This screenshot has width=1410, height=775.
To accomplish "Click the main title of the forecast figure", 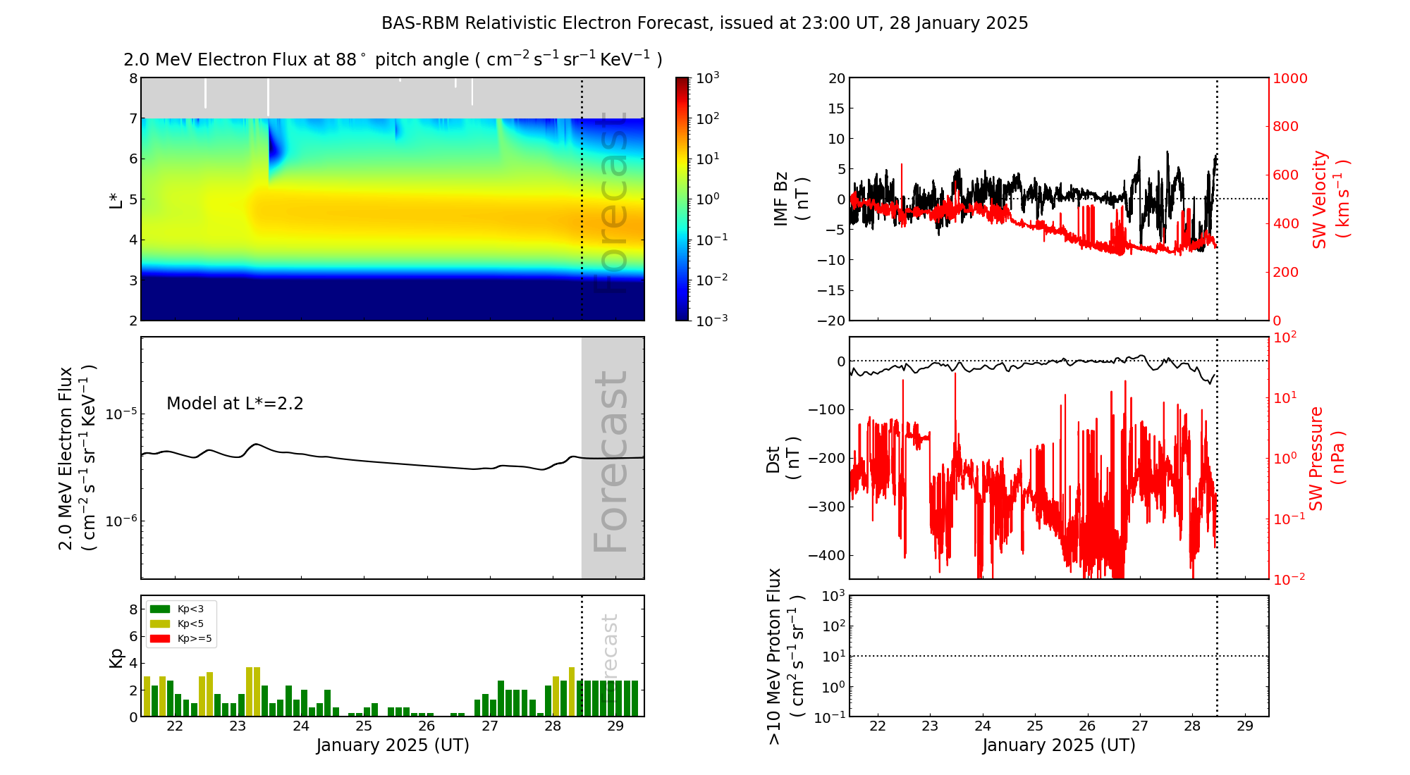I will (x=704, y=23).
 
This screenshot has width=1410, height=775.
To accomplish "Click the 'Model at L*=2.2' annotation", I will (x=235, y=404).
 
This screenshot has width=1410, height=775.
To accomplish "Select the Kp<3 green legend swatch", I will (x=160, y=609).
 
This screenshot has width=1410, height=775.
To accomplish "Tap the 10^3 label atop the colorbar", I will (x=707, y=77).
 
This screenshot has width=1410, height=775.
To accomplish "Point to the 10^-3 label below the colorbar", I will (x=711, y=320).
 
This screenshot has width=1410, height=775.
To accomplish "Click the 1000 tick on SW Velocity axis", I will (x=1289, y=78).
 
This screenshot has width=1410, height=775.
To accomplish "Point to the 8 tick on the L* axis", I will (x=133, y=78).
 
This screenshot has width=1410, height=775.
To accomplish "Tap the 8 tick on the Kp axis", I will (x=133, y=610).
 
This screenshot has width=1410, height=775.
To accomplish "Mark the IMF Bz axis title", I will (x=790, y=199).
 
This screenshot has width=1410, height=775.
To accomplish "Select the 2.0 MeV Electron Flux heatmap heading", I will (x=393, y=60).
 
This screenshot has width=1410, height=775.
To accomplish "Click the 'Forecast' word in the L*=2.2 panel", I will (x=611, y=461).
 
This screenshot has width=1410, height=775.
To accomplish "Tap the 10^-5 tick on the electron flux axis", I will (x=118, y=414).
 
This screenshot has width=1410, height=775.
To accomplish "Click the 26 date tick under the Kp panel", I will (x=427, y=726).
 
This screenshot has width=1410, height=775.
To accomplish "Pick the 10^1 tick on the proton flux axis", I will (x=833, y=656).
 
